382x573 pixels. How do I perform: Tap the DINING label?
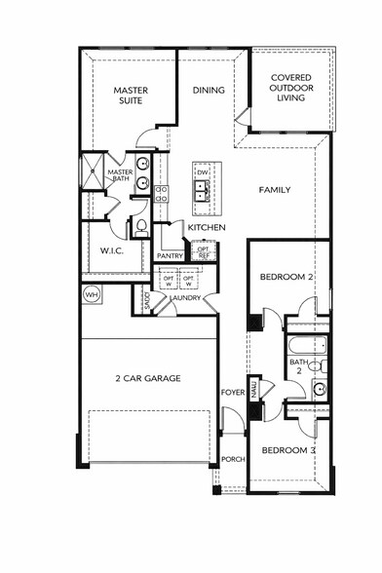(x=208, y=91)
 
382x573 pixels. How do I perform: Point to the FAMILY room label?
(x=274, y=189)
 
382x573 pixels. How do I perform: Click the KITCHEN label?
(x=207, y=228)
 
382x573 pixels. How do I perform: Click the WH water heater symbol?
(x=92, y=294)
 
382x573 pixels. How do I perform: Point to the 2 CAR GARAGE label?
(x=149, y=378)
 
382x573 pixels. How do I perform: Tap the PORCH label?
(x=232, y=459)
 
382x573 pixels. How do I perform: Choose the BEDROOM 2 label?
(x=286, y=278)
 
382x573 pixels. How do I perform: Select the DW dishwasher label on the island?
(x=203, y=172)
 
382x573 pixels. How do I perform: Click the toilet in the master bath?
(x=139, y=227)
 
